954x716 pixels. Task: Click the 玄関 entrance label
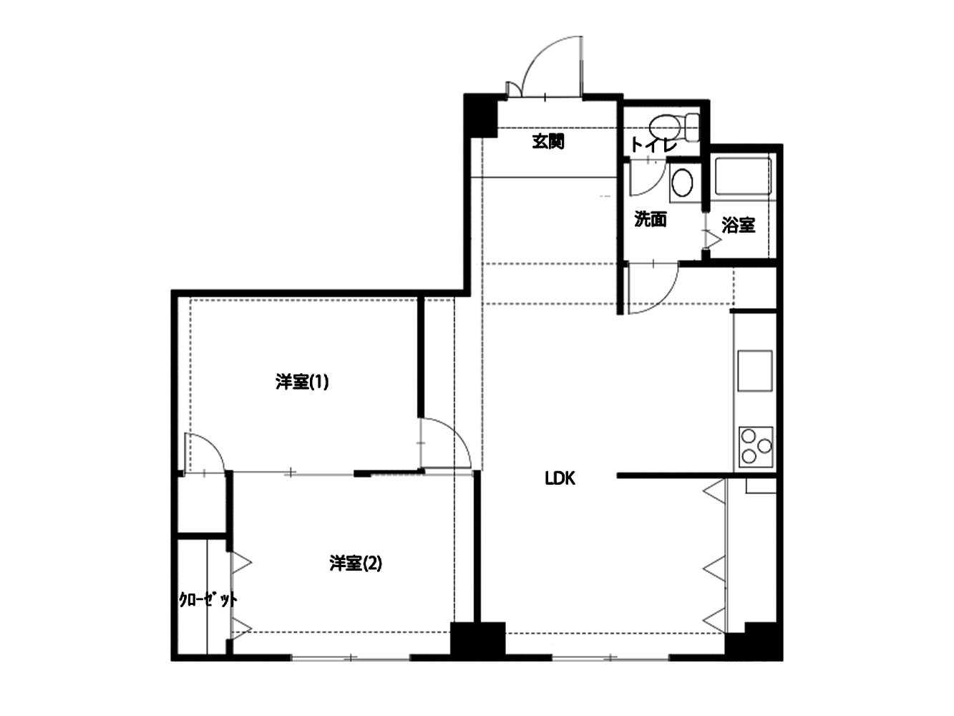[548, 142]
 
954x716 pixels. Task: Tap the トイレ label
[653, 145]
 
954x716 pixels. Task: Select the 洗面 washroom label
[651, 219]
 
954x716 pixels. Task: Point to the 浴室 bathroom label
[738, 225]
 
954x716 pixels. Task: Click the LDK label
[560, 478]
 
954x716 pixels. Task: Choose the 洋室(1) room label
[301, 382]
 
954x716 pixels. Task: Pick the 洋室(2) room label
[356, 563]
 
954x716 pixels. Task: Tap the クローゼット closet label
[208, 600]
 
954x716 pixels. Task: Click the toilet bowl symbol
[674, 127]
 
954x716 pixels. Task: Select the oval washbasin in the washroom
[682, 183]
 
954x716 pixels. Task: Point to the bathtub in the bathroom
[743, 177]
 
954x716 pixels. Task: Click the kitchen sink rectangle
[755, 371]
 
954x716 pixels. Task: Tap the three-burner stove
[756, 447]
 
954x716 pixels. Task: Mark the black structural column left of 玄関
[480, 115]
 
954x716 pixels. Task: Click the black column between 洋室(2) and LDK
[477, 641]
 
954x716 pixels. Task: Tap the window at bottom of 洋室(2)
[350, 658]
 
